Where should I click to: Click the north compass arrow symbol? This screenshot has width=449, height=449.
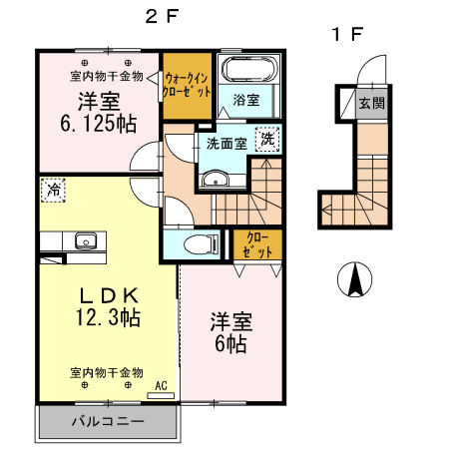coord(353,279)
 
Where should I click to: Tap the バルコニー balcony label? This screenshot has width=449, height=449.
coord(107,421)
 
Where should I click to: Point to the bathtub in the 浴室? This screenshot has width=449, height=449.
coord(248,71)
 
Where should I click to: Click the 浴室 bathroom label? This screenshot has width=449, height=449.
coord(246,100)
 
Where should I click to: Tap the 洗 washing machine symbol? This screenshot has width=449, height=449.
coord(266,140)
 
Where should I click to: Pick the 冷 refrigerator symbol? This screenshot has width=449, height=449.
coord(52,189)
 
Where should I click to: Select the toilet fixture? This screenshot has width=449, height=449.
coord(203,242)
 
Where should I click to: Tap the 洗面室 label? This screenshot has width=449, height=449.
coord(226,143)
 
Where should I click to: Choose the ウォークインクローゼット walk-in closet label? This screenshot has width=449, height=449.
coord(188,84)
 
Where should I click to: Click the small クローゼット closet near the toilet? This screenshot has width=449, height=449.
coord(257,244)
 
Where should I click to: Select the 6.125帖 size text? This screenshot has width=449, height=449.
coord(100,124)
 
